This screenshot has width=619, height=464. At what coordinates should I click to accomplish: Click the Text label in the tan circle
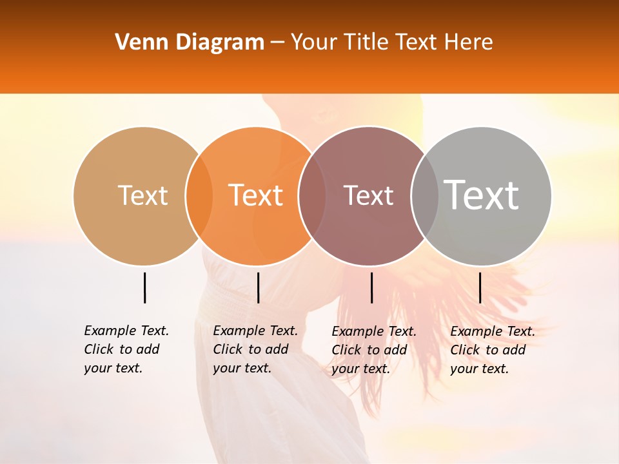[x=142, y=195]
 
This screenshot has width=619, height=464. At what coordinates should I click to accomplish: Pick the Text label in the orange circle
[x=256, y=195]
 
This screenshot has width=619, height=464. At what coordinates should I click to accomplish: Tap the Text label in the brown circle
[x=368, y=195]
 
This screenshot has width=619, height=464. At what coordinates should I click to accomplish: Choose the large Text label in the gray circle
[x=482, y=195]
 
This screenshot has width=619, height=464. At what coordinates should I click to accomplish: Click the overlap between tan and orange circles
[x=199, y=196]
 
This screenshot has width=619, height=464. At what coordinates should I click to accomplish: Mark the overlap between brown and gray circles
[x=425, y=196]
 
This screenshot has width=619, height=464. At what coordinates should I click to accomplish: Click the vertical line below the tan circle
[x=144, y=287]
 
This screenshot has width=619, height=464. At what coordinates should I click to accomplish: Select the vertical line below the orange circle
[x=258, y=287]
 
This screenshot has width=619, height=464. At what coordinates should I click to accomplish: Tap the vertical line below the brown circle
[x=371, y=287]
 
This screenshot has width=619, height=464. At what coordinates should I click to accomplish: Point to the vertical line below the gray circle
[x=480, y=287]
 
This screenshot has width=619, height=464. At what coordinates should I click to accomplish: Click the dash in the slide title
[x=277, y=43]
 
